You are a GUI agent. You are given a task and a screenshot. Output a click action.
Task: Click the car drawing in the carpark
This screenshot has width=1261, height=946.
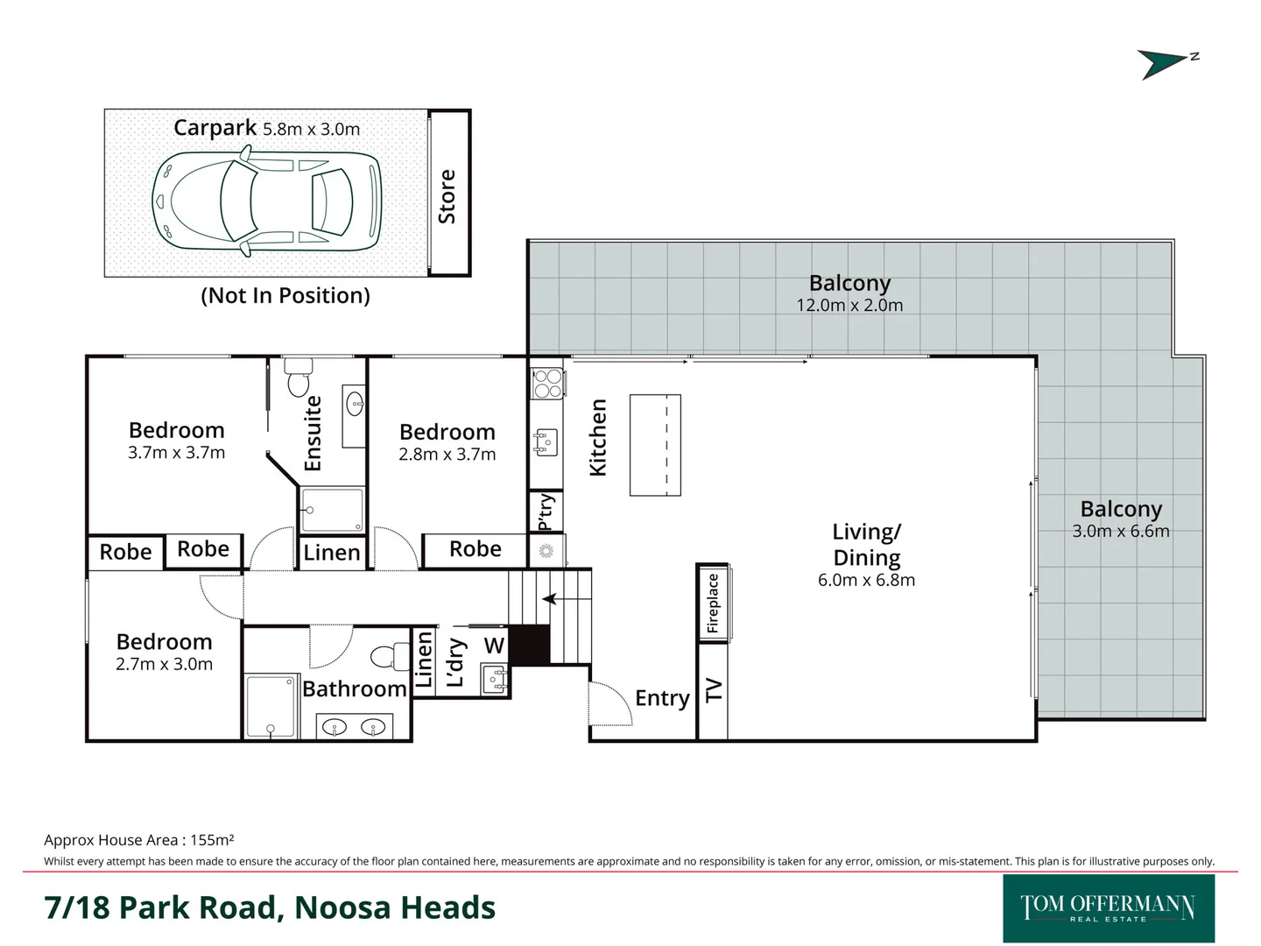[267, 201]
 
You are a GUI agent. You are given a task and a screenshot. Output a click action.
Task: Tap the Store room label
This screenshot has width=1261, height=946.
[447, 196]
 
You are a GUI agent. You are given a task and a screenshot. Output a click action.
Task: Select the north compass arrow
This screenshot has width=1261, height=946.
[1164, 63]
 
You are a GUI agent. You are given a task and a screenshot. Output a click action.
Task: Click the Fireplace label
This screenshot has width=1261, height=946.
[713, 603]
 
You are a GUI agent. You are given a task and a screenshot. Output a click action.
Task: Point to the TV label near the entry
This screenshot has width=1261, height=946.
[714, 690]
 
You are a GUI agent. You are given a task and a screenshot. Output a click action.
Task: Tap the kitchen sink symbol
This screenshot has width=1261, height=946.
[546, 442]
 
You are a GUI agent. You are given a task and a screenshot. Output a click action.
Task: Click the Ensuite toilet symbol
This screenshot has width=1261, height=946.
[299, 378]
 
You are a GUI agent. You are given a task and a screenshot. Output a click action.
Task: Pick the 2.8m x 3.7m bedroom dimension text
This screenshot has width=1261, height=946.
[447, 455]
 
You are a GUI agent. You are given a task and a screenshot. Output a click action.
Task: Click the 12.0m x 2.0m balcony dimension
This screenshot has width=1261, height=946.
[849, 306]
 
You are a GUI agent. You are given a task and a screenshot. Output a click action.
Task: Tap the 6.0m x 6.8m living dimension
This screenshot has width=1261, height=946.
[866, 580]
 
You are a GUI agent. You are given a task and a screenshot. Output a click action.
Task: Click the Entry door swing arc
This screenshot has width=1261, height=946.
[610, 702]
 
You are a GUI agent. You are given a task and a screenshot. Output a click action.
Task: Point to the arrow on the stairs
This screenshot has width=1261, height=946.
[551, 599]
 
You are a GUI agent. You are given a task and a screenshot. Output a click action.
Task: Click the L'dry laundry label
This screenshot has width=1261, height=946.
[455, 662]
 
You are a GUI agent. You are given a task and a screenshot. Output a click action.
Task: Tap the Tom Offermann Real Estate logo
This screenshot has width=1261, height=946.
[1108, 907]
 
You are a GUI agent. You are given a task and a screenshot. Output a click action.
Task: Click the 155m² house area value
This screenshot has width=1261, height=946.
[212, 840]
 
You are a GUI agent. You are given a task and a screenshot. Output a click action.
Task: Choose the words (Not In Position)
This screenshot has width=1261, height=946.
[285, 296]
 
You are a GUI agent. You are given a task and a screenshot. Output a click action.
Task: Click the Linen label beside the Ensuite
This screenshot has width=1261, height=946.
[332, 553]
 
